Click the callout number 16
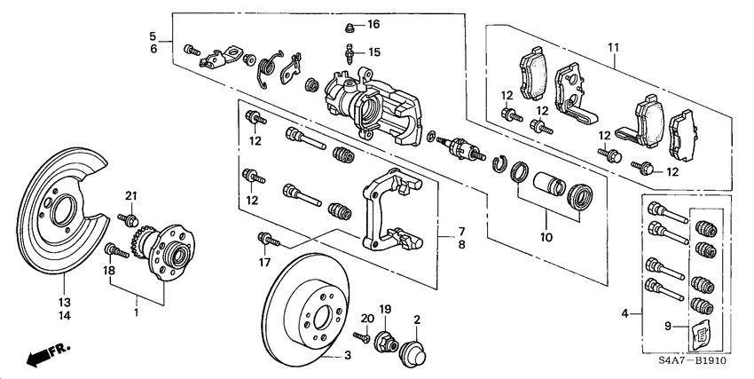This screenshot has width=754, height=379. [x=373, y=24]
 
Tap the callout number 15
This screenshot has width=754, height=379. [x=373, y=52]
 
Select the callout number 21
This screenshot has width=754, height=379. [x=131, y=196]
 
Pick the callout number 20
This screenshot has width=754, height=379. [x=366, y=318]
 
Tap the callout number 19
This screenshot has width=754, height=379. [x=386, y=308]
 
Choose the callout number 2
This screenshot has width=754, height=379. [x=414, y=318]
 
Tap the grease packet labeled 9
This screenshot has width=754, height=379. [x=700, y=335]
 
